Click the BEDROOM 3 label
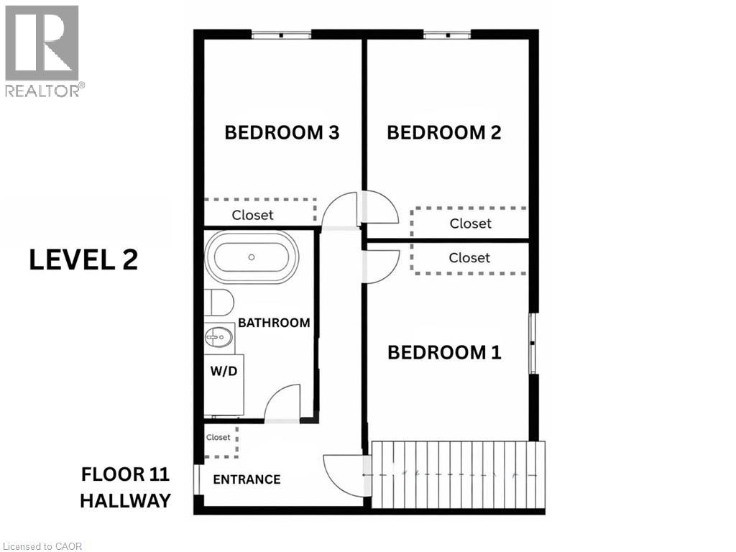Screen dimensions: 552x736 pos(282,133)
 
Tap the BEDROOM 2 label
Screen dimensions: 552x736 pos(443,133)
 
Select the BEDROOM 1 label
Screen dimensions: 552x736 pos(444,353)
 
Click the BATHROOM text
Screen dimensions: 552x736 pos(274,323)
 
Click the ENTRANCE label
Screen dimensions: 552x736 pos(247,479)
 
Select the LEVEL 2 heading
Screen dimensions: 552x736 pos(83,259)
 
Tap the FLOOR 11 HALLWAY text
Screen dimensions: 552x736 pos(125,487)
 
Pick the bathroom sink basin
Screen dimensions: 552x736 pos(220,335)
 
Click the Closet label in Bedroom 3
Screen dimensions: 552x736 pos(252,215)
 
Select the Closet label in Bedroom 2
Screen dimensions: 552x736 pos(470,224)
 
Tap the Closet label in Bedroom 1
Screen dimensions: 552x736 pos(469,258)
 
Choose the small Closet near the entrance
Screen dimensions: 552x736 pos(218,437)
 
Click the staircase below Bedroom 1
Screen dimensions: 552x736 pos(459,474)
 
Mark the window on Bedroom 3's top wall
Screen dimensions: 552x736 pos(281,34)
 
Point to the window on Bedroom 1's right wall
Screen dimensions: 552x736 pos(533,343)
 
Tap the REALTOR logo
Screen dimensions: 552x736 pos(42,50)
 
